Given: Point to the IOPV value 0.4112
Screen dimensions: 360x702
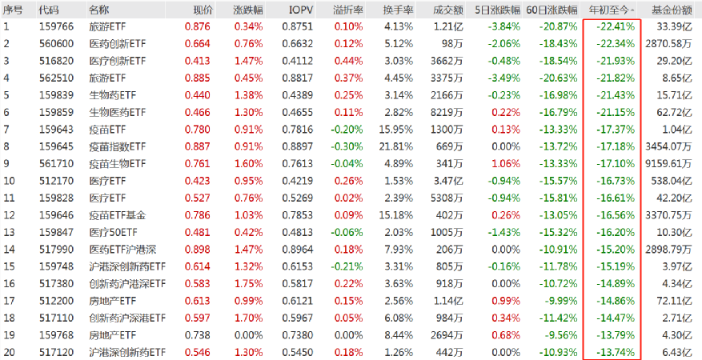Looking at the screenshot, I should click(299, 61).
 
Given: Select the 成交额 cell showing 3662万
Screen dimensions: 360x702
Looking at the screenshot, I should click(446, 61).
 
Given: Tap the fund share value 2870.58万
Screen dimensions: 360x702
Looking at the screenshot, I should click(669, 43).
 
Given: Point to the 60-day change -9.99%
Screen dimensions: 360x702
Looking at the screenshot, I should click(560, 301).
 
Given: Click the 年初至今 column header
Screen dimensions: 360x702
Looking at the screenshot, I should click(611, 10).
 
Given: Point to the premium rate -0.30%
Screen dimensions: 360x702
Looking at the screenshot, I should click(347, 146).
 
